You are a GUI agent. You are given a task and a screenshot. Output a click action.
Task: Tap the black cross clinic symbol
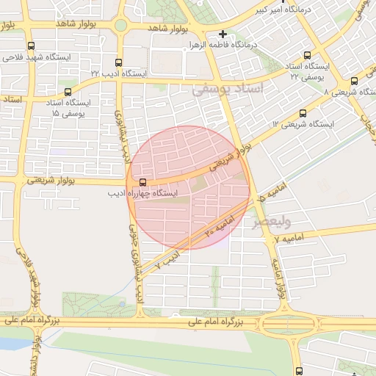pos(223,34)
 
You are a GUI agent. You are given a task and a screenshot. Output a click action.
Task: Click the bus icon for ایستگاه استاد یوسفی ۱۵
pos(68,92)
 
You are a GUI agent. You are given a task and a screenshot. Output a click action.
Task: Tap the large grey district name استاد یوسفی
pos(232,90)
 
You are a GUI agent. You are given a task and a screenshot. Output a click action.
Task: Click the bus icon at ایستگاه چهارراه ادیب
pos(142,181)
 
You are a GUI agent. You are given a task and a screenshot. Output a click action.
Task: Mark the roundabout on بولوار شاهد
pos(120,26)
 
